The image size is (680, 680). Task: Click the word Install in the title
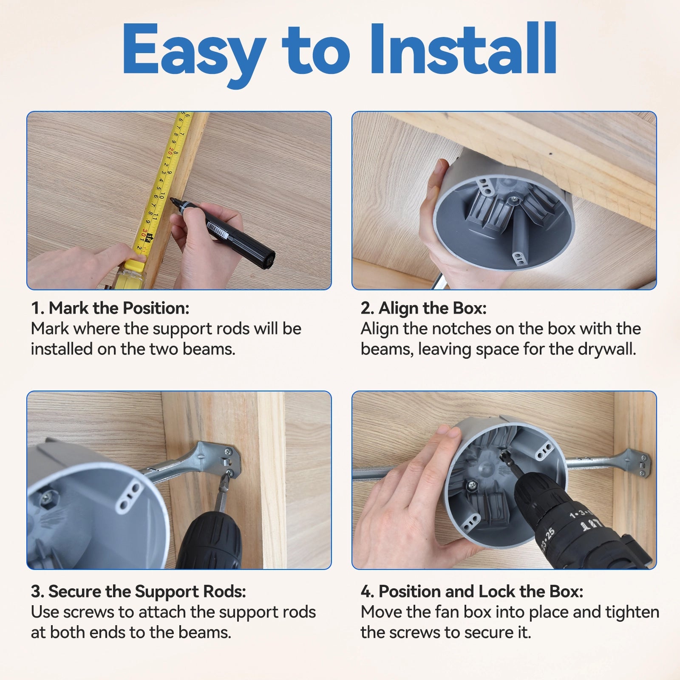tap(463, 50)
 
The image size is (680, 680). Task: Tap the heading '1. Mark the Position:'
tap(110, 308)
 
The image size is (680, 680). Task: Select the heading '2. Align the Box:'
tap(423, 308)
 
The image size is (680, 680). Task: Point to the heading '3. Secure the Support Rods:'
tap(139, 592)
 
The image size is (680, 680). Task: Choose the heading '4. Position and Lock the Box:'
tap(472, 592)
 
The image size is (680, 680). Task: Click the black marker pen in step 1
tap(224, 229)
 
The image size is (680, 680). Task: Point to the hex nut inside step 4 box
tap(471, 484)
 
